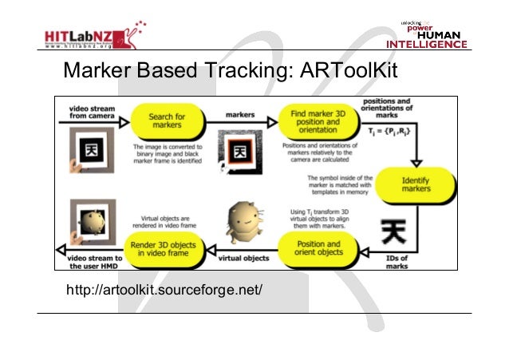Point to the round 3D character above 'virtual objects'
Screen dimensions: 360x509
(240, 220)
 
